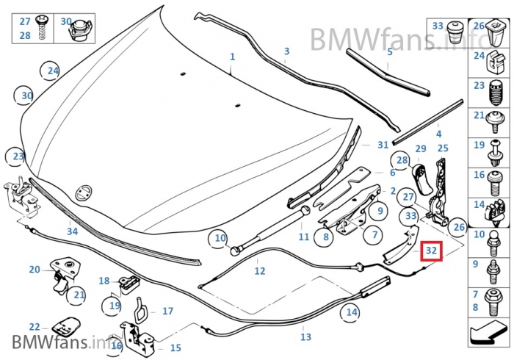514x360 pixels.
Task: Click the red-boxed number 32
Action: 431,251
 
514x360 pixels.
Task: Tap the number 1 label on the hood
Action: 232,57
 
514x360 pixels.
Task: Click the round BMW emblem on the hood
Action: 83,192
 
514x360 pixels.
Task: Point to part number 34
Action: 72,231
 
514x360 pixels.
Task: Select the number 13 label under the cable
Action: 305,337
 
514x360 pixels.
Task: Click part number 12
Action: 260,271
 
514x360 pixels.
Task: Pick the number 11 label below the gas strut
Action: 304,237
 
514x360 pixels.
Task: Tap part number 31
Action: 383,145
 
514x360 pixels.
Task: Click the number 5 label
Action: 390,52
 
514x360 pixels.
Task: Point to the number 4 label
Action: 438,134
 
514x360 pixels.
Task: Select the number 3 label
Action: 286,51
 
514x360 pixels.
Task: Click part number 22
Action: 35,327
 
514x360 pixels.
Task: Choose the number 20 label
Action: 35,270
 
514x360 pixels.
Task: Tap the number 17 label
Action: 167,312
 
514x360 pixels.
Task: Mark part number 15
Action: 175,348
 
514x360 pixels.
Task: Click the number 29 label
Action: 421,149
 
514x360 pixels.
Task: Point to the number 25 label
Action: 443,149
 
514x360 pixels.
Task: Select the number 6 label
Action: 392,173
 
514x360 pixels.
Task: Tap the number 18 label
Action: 104,281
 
